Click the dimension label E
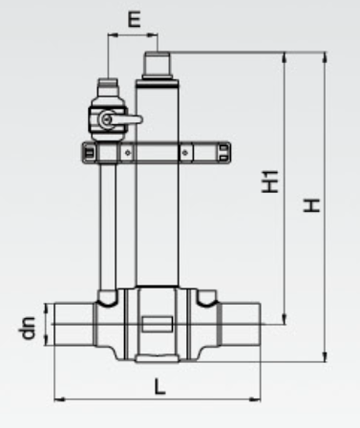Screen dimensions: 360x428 pos(134,19)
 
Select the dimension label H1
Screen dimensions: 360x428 pos(270,182)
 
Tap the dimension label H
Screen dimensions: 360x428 pos(311,205)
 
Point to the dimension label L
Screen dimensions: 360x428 pos(159,386)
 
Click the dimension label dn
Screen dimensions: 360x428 pos(27,328)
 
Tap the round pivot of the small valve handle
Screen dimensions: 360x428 pos(105,119)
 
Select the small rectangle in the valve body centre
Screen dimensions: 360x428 pos(158,324)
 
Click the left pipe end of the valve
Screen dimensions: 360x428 pos(74,324)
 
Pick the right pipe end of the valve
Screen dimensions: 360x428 pos(241,324)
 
